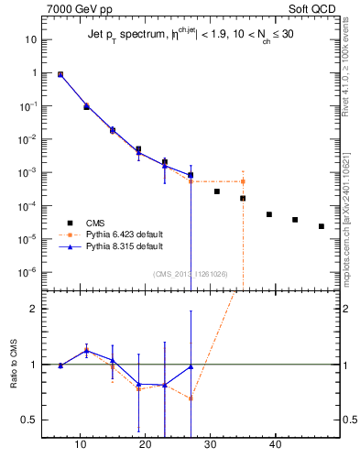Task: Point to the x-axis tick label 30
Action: click(211, 447)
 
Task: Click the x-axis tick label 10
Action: click(80, 447)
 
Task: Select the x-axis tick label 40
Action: click(276, 447)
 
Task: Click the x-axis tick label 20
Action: click(146, 447)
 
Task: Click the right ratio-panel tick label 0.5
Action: click(346, 420)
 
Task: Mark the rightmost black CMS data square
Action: click(322, 226)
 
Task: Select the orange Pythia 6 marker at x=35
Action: click(243, 181)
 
